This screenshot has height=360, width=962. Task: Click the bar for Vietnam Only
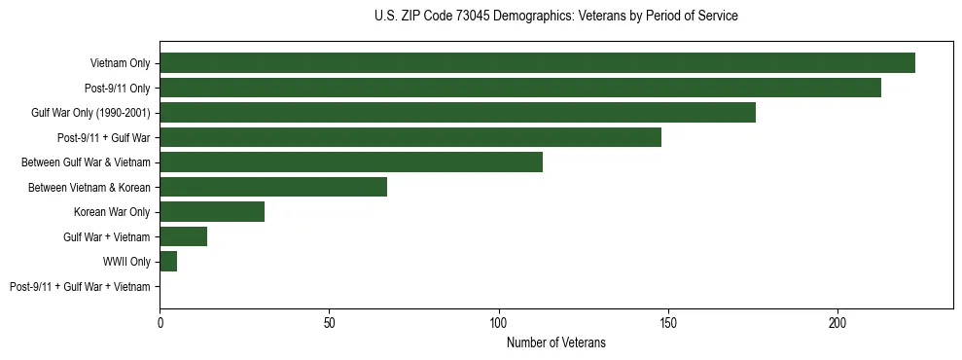pos(537,63)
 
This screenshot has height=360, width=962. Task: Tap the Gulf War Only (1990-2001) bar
pos(457,113)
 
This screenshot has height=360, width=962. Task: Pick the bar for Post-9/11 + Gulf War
pos(410,137)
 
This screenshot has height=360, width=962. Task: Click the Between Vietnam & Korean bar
pos(273,187)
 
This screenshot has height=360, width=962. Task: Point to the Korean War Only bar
pos(212,212)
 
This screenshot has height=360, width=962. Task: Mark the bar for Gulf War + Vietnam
pos(184,236)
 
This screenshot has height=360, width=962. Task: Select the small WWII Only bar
pos(168,262)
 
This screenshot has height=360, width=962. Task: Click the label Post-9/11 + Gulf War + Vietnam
pos(80,287)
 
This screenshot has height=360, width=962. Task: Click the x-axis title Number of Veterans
pos(555,342)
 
